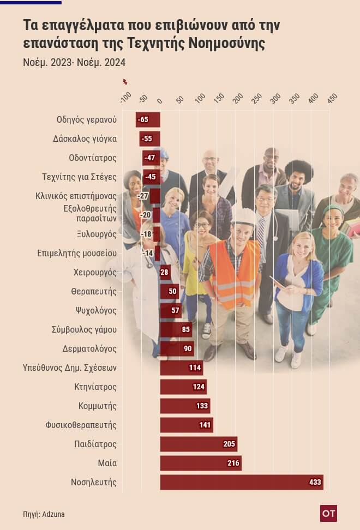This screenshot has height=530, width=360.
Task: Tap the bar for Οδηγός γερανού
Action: [x=148, y=119]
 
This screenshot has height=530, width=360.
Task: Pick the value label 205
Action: [x=229, y=444]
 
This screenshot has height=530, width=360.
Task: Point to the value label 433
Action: [x=315, y=482]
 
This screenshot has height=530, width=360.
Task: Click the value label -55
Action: [x=147, y=139]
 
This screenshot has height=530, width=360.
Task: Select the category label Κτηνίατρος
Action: [x=95, y=387]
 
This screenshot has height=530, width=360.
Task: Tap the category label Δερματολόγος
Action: [x=90, y=348]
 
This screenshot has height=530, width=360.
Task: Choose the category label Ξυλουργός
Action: [x=97, y=234]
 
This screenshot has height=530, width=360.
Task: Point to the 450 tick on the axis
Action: [x=332, y=98]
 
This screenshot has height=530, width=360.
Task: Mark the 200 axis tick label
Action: [x=238, y=98]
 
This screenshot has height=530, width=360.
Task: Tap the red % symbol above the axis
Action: [x=125, y=82]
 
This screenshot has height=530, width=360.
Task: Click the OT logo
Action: [x=328, y=513]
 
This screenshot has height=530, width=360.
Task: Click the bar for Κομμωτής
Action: [x=185, y=406]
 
